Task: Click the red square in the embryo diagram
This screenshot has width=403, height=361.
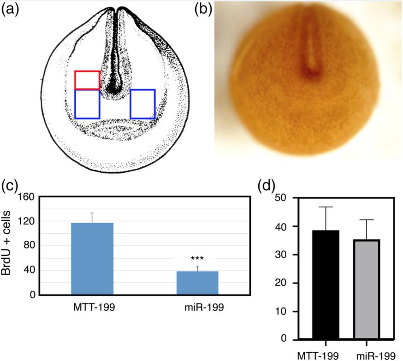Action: (x=88, y=80)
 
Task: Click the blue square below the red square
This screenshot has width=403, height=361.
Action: (x=88, y=104)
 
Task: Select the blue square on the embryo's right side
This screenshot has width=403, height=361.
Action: (x=142, y=104)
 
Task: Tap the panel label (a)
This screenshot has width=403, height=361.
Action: (x=11, y=10)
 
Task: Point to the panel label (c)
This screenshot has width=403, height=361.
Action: (x=11, y=186)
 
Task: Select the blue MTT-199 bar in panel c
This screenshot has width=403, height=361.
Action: (x=92, y=259)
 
